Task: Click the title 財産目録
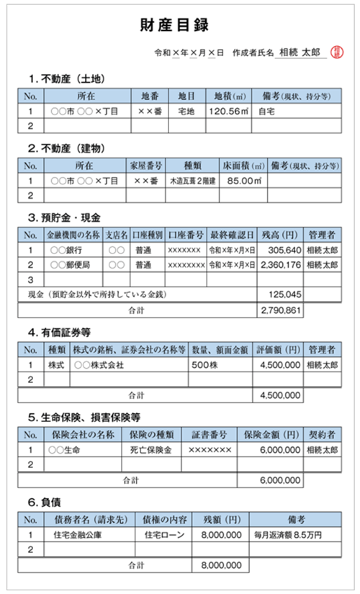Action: click(x=179, y=26)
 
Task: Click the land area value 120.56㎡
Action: click(x=228, y=112)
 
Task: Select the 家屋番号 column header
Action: click(x=145, y=164)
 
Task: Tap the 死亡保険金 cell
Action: click(x=148, y=449)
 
